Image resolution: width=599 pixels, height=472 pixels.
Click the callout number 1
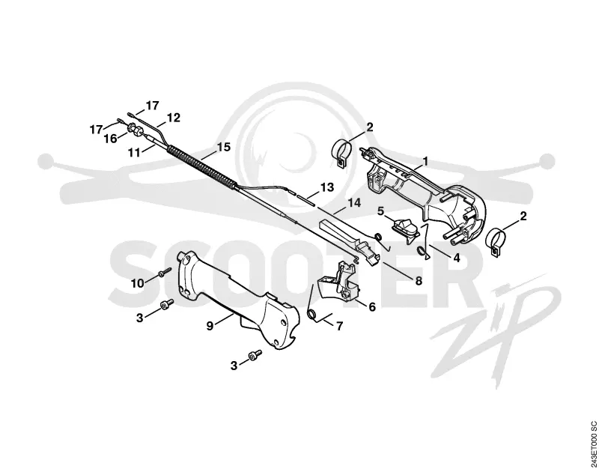425,162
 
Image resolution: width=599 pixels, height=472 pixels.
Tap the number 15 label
224,147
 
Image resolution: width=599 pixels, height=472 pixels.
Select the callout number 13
327,187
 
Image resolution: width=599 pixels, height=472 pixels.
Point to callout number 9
210,327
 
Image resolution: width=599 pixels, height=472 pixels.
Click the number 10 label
138,284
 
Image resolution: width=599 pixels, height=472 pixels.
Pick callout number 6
372,307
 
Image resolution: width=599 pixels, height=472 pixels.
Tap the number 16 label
111,139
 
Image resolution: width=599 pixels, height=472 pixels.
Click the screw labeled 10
165,273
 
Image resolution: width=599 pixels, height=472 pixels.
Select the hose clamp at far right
496,241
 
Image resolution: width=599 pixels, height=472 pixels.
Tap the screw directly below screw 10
166,304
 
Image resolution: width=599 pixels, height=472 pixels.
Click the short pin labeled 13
304,199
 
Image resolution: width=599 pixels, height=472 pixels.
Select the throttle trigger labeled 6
339,283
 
